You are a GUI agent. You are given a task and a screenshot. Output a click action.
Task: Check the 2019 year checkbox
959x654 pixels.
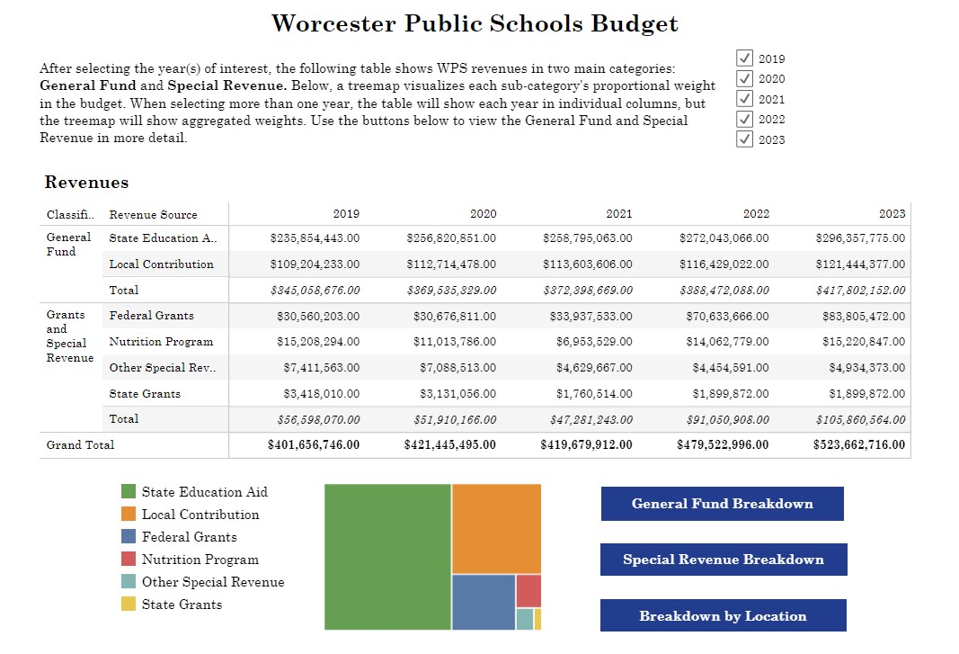pyautogui.click(x=744, y=58)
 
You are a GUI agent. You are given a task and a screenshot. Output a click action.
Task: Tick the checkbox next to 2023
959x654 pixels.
pyautogui.click(x=744, y=139)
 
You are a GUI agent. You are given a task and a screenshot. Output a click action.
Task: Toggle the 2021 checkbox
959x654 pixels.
pyautogui.click(x=744, y=99)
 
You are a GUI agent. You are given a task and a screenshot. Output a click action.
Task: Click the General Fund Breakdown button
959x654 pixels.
pyautogui.click(x=723, y=504)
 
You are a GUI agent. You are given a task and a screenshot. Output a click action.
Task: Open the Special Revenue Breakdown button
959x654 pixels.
pyautogui.click(x=724, y=559)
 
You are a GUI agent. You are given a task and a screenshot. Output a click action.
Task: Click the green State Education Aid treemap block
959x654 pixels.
pyautogui.click(x=387, y=557)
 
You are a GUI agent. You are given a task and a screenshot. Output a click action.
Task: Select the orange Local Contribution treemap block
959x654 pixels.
pyautogui.click(x=497, y=528)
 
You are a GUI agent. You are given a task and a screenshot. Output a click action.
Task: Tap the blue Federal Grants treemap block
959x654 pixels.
pyautogui.click(x=484, y=602)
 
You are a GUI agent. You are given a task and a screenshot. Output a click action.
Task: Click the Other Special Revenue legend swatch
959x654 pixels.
pyautogui.click(x=129, y=581)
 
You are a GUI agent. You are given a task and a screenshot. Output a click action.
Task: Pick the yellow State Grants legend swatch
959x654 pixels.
pyautogui.click(x=129, y=604)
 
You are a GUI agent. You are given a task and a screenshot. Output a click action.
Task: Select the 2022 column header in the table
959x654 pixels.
pyautogui.click(x=756, y=214)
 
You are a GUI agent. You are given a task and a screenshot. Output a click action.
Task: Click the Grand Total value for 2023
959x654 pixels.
pyautogui.click(x=858, y=444)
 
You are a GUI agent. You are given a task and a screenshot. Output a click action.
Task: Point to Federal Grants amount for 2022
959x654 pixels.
pyautogui.click(x=727, y=316)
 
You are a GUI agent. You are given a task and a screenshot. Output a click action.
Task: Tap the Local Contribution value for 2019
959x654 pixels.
pyautogui.click(x=315, y=264)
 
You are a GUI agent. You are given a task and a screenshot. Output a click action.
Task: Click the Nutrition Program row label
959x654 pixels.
pyautogui.click(x=161, y=342)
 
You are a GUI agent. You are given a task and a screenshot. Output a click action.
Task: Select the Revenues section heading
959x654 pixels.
pyautogui.click(x=86, y=182)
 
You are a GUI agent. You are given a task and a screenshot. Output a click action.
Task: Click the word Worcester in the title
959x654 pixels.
pyautogui.click(x=333, y=23)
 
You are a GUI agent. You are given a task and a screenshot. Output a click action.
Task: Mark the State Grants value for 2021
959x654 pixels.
pyautogui.click(x=594, y=394)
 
